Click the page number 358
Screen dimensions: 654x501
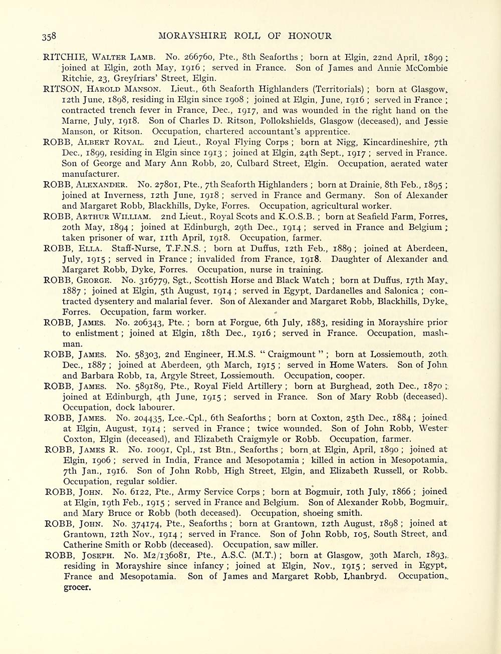coord(49,36)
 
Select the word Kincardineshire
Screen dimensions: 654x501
coord(405,142)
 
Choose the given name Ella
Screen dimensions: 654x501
coord(90,248)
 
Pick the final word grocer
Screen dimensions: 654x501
coord(77,587)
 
